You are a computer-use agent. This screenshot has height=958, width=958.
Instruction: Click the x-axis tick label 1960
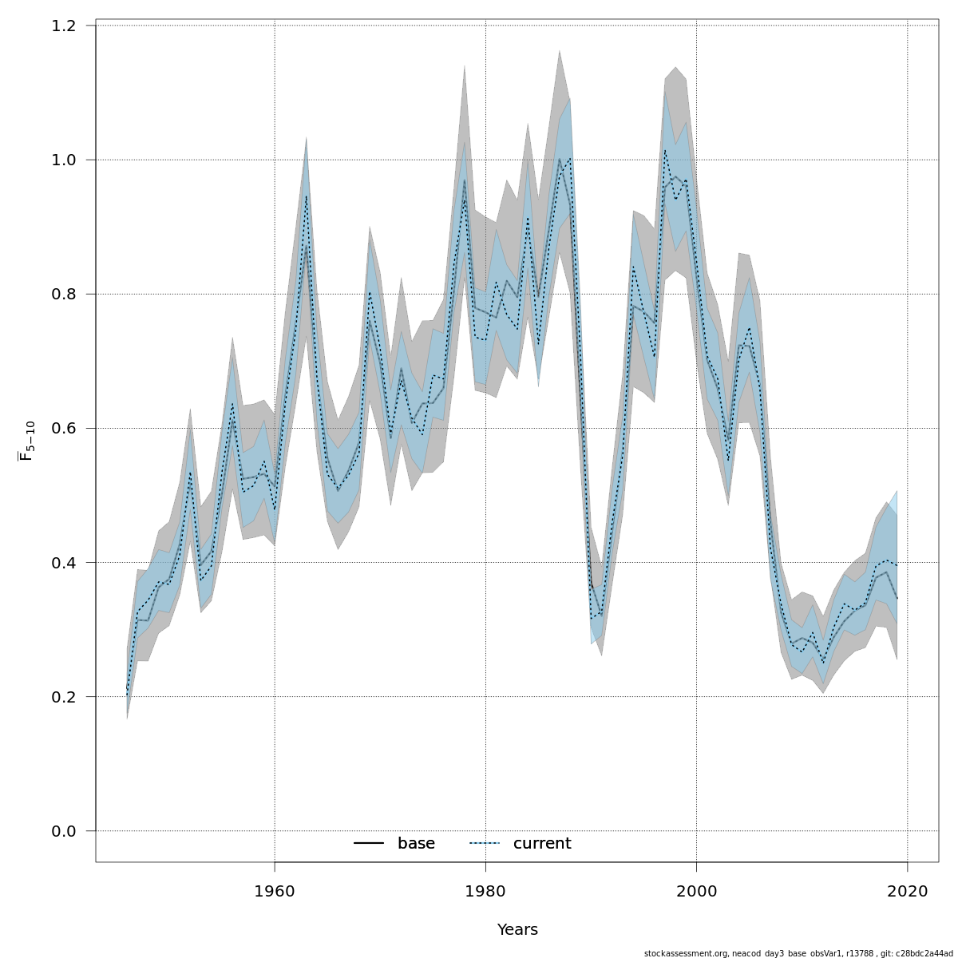pos(275,891)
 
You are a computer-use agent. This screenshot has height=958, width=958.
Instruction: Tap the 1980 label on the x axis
pos(485,891)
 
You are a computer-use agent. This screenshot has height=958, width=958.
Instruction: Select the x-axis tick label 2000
pos(697,891)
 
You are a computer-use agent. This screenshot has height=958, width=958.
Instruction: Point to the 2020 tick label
pos(908,891)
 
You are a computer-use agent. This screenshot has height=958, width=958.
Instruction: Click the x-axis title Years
pos(517,930)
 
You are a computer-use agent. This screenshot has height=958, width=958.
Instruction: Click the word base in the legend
pos(416,844)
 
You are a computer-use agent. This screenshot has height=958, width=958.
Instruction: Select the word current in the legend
pos(542,844)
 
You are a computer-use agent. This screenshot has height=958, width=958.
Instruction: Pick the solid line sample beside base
pos(369,844)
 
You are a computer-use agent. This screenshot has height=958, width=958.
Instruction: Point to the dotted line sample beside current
pos(484,844)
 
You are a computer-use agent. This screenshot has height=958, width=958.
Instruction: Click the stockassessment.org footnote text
pos(798,953)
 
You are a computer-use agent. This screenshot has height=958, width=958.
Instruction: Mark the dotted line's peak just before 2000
pos(665,150)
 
